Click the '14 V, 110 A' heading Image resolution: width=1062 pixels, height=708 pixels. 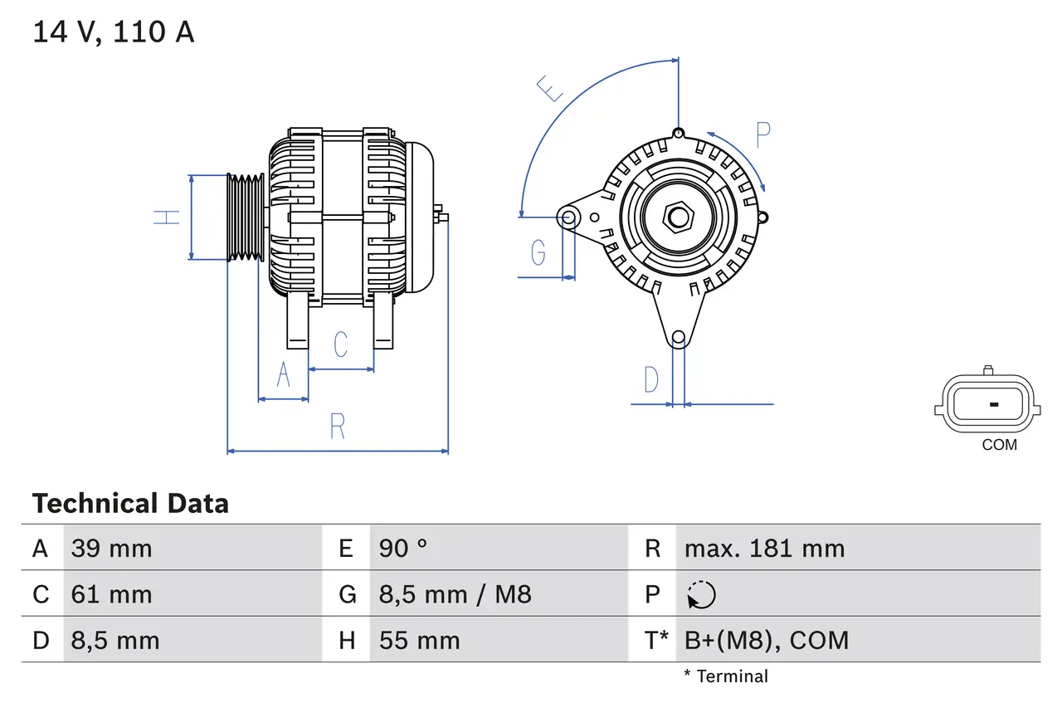click(x=114, y=32)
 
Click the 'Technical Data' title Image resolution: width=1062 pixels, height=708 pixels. click(x=130, y=503)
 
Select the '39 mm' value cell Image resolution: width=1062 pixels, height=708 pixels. click(x=112, y=548)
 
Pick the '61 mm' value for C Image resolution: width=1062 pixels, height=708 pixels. click(x=112, y=594)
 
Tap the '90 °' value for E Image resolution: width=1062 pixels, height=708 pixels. click(x=403, y=548)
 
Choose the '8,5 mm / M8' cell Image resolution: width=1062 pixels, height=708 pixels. click(x=455, y=594)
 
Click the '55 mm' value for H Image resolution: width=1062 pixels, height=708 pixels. click(x=419, y=640)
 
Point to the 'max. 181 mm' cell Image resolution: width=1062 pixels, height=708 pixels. click(x=764, y=548)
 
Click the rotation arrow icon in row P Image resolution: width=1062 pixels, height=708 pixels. click(x=701, y=594)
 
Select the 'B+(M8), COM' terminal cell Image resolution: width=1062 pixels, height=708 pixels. click(x=767, y=640)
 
